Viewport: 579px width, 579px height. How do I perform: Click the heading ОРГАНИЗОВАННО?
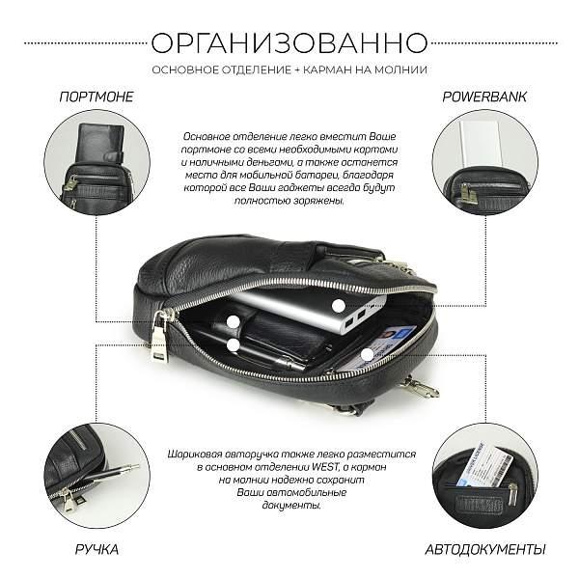click(x=289, y=42)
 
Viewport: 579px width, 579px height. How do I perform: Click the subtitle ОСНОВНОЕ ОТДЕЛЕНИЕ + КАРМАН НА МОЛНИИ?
click(x=289, y=69)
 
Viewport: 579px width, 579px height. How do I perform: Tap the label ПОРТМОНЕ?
click(x=96, y=97)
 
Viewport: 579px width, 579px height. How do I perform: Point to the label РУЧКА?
click(x=96, y=550)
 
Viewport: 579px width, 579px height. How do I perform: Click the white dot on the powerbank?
click(x=339, y=304)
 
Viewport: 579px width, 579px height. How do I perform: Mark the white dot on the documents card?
click(x=368, y=354)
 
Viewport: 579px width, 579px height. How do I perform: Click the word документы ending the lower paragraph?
click(x=289, y=505)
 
